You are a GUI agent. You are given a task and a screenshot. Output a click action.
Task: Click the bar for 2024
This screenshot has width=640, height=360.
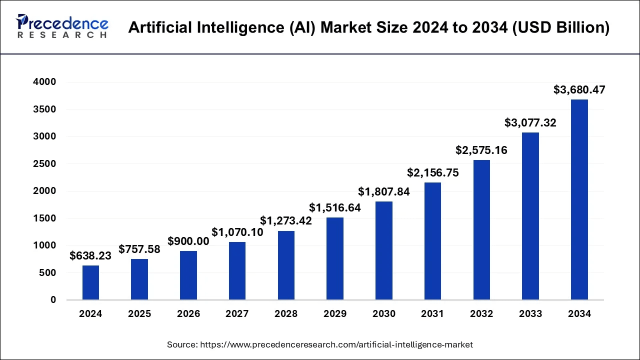[x=90, y=283]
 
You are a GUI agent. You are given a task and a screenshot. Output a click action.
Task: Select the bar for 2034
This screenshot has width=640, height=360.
[x=579, y=200]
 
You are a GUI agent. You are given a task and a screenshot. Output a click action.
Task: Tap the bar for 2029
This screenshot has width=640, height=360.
[x=335, y=258]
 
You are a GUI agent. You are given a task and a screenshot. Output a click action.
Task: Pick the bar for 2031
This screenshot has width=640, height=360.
[x=432, y=241]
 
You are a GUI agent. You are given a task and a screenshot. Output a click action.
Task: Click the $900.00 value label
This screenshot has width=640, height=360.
[x=188, y=241]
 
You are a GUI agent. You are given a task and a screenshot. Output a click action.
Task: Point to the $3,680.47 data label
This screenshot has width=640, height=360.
[x=579, y=90]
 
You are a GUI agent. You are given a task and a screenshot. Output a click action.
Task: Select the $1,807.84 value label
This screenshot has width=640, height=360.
[x=384, y=191]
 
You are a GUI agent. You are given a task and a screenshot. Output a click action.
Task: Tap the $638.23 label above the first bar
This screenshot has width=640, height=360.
[x=90, y=255]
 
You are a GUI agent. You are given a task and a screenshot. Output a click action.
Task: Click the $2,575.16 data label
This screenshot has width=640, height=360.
[x=481, y=150]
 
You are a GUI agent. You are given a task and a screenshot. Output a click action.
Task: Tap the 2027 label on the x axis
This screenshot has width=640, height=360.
[x=237, y=314]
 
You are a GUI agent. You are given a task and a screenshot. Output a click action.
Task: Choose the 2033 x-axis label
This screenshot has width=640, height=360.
[x=530, y=314]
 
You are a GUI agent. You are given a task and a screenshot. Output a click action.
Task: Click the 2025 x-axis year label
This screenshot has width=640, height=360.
[x=139, y=314]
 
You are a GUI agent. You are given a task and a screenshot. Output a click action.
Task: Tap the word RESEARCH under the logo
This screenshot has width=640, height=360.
[x=62, y=35]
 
